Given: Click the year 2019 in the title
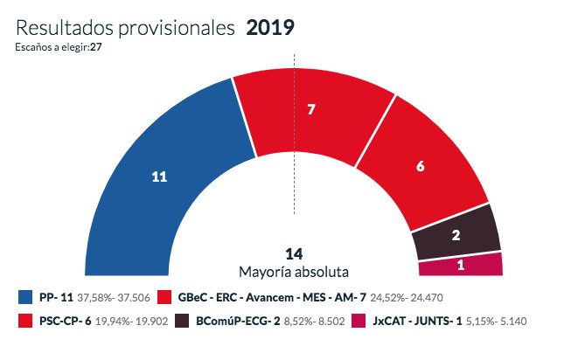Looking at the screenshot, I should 270,27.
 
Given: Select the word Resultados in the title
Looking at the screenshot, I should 62,27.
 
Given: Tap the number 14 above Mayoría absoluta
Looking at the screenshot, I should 294,253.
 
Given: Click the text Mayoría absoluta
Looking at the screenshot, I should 294,271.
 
